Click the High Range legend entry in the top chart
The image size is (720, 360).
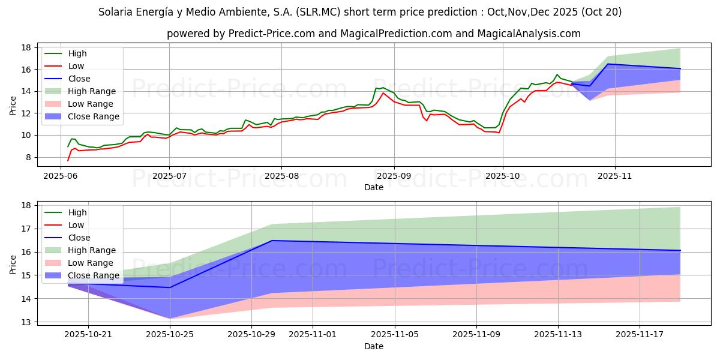tap(92, 91)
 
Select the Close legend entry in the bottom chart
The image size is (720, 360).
tap(79, 238)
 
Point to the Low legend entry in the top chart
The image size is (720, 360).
tap(76, 66)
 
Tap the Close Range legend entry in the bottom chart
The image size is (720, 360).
tap(94, 275)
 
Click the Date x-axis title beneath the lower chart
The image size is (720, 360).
tap(373, 346)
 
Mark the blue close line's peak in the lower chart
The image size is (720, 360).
tap(272, 241)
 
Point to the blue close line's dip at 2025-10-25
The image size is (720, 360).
tap(170, 287)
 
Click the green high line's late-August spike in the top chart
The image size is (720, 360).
tap(376, 88)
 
